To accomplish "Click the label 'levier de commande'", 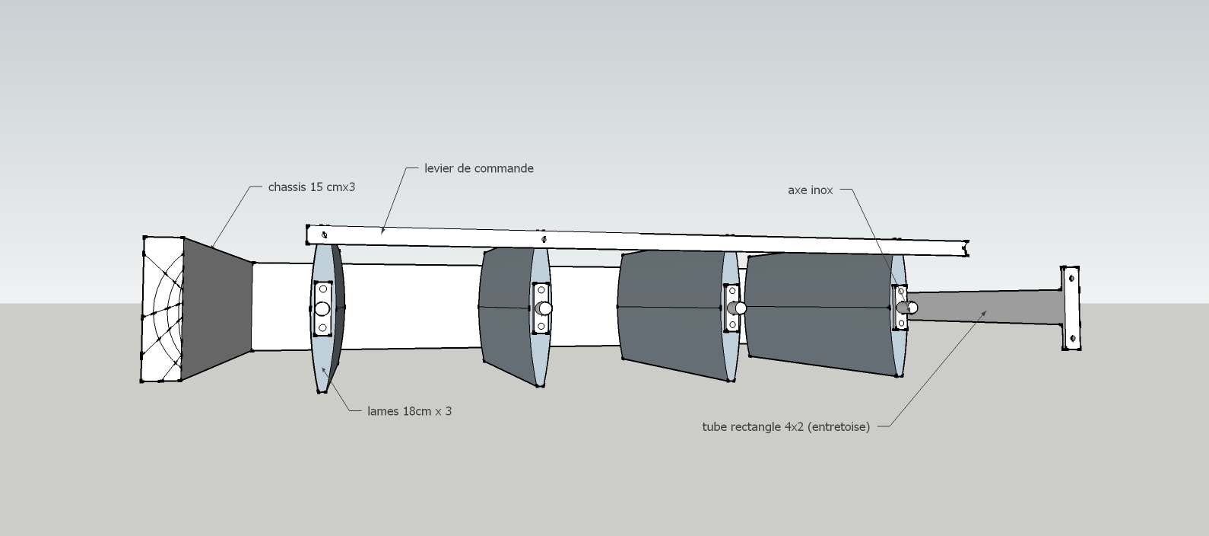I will (479, 168).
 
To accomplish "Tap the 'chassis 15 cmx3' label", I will (312, 187).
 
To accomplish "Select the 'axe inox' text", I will (811, 190).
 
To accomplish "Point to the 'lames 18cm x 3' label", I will (409, 411).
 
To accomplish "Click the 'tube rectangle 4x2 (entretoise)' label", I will (785, 427).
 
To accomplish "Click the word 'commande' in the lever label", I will (505, 168).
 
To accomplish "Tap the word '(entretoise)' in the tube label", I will (839, 427).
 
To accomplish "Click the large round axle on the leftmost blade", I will (322, 308).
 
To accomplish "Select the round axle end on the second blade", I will (544, 308).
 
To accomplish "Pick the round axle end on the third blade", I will (739, 308).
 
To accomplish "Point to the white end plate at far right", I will (1071, 308).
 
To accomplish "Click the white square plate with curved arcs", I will (162, 308).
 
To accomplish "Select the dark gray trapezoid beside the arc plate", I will (217, 308).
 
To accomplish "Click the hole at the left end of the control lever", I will (325, 234).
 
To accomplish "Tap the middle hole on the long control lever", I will (544, 240).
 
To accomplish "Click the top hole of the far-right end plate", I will (1072, 279).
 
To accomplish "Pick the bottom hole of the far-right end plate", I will (1072, 338).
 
